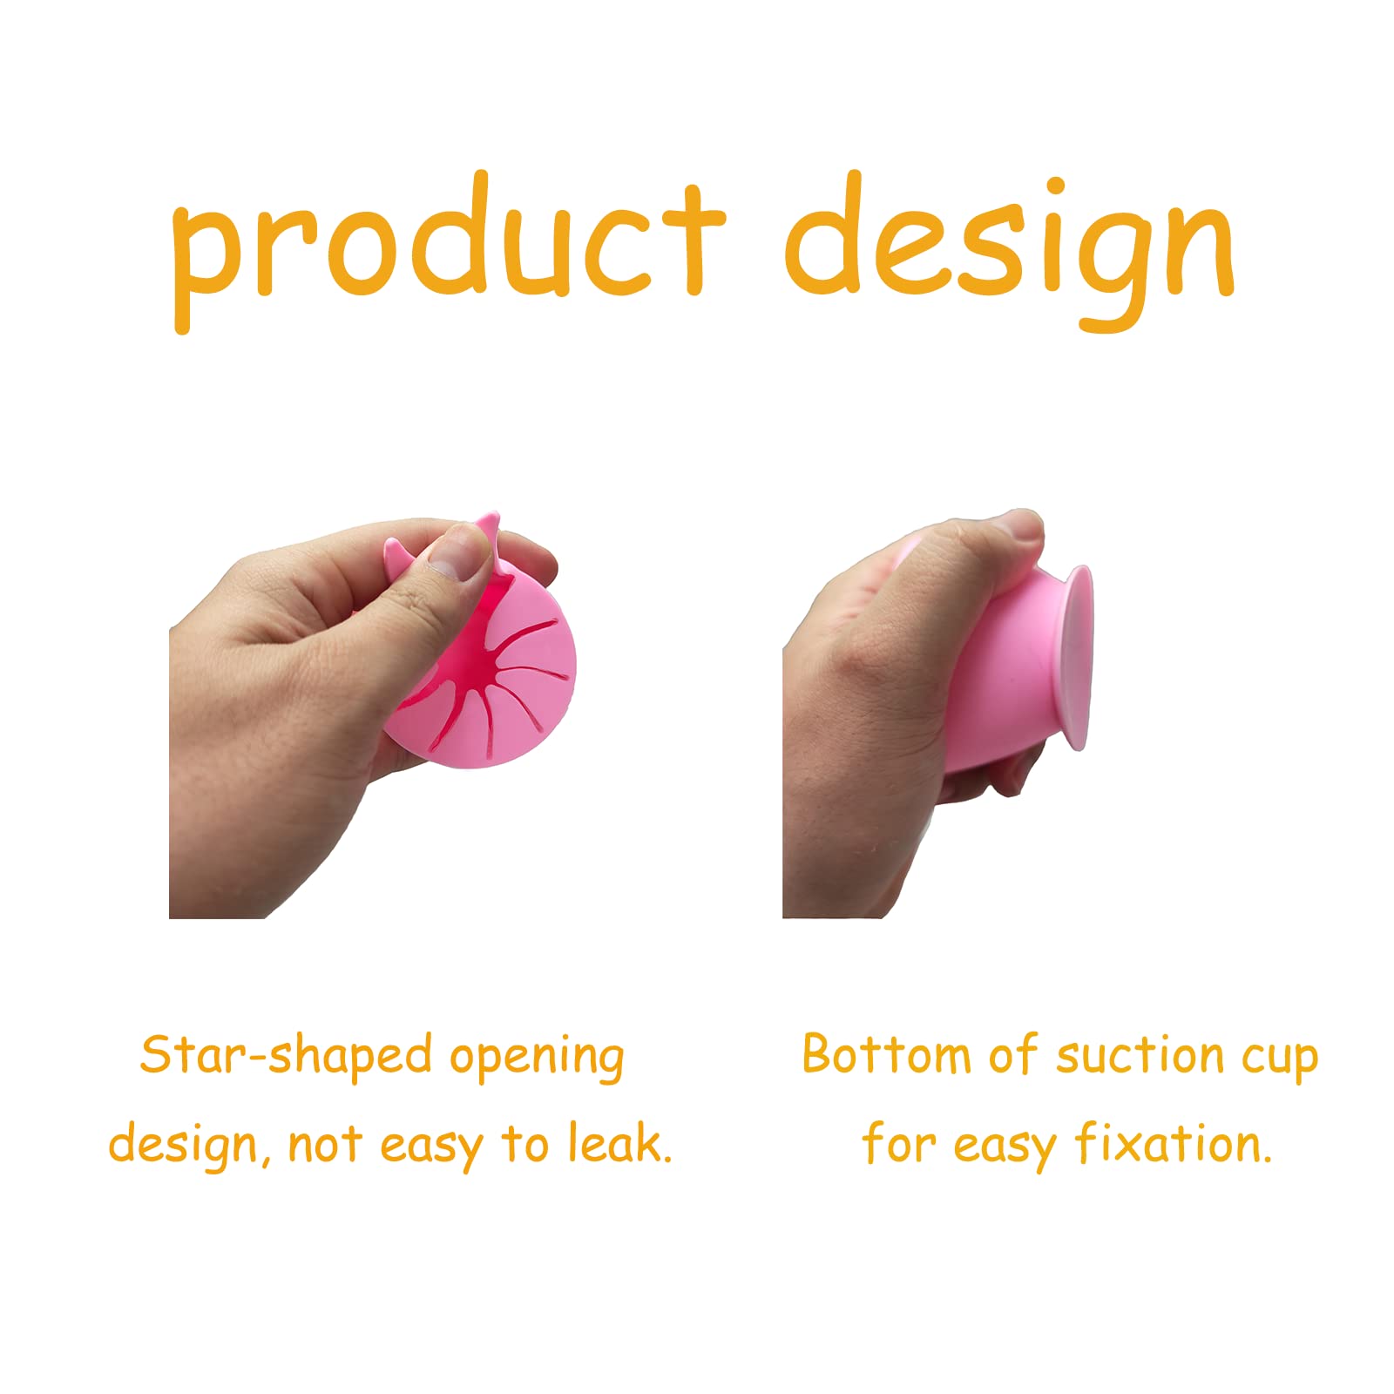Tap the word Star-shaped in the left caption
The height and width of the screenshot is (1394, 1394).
click(x=286, y=1056)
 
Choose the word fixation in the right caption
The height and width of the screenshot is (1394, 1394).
click(x=1173, y=1143)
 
